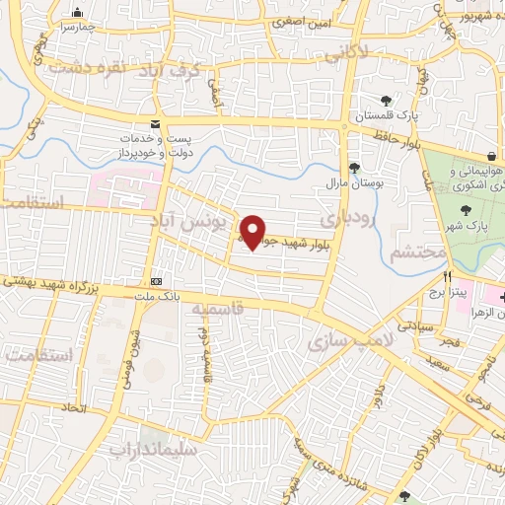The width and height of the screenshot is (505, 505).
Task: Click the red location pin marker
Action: point(254,233)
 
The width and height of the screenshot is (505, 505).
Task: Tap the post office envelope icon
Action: point(155,123)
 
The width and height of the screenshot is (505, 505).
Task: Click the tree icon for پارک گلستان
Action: point(386,100)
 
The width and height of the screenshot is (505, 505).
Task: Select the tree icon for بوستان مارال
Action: point(354,167)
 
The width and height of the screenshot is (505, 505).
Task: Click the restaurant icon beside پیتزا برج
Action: point(449,278)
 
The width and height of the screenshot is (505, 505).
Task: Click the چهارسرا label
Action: point(79,29)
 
